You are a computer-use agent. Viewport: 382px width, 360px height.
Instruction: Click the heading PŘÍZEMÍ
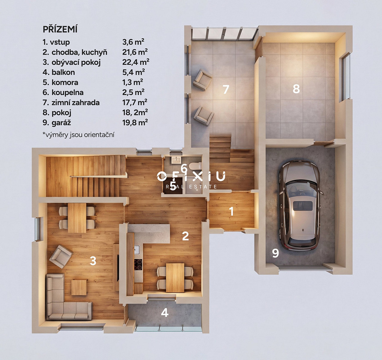point(60,30)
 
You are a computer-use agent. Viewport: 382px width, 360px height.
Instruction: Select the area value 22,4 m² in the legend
point(136,62)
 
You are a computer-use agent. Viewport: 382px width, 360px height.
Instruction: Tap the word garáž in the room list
point(61,122)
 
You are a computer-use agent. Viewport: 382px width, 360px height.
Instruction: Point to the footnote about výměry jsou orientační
point(79,135)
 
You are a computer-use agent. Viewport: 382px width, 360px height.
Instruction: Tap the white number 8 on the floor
point(296,89)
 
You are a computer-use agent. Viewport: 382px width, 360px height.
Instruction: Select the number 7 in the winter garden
point(226,89)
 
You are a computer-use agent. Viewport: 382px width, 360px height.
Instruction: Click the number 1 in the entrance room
point(231,211)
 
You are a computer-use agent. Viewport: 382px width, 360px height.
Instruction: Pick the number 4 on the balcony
point(165,313)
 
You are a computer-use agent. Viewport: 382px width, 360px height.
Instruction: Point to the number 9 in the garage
point(275,253)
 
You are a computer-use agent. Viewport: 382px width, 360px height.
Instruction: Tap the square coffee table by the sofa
point(79,288)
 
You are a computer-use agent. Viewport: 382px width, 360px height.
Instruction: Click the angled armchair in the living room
point(61,257)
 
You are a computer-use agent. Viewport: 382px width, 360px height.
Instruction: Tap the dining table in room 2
point(175,278)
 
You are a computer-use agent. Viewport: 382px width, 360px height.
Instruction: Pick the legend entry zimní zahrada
point(76,103)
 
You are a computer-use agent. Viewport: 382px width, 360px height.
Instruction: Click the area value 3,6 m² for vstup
point(133,42)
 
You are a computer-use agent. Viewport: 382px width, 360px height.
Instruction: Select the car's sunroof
point(303,206)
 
